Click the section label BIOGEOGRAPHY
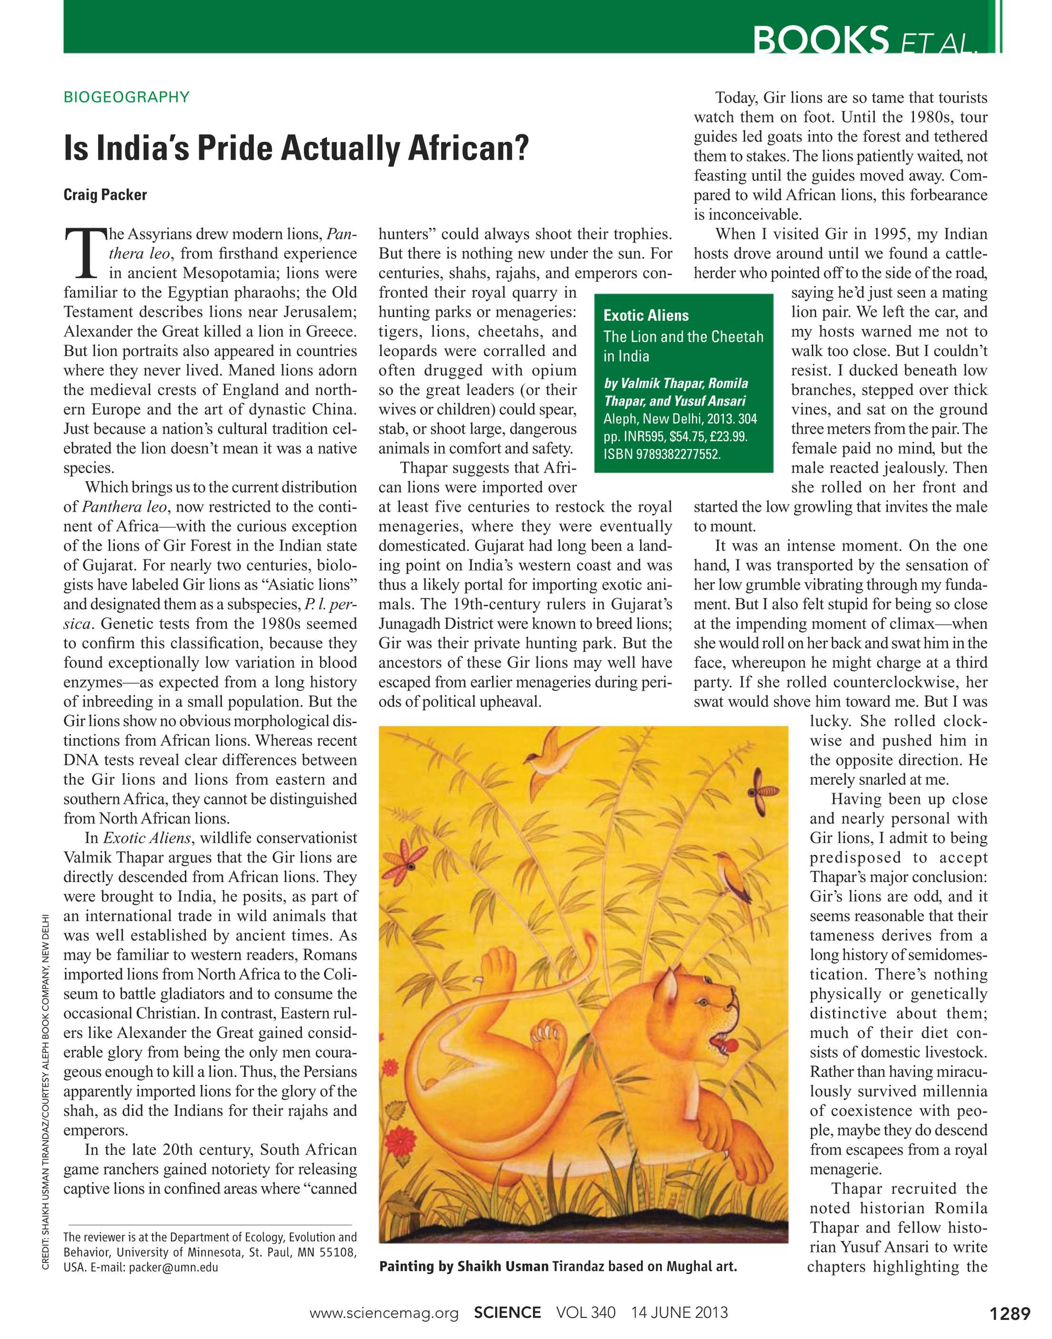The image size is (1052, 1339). tap(126, 97)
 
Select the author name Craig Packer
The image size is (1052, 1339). tap(105, 194)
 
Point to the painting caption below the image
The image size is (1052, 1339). tap(557, 1266)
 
